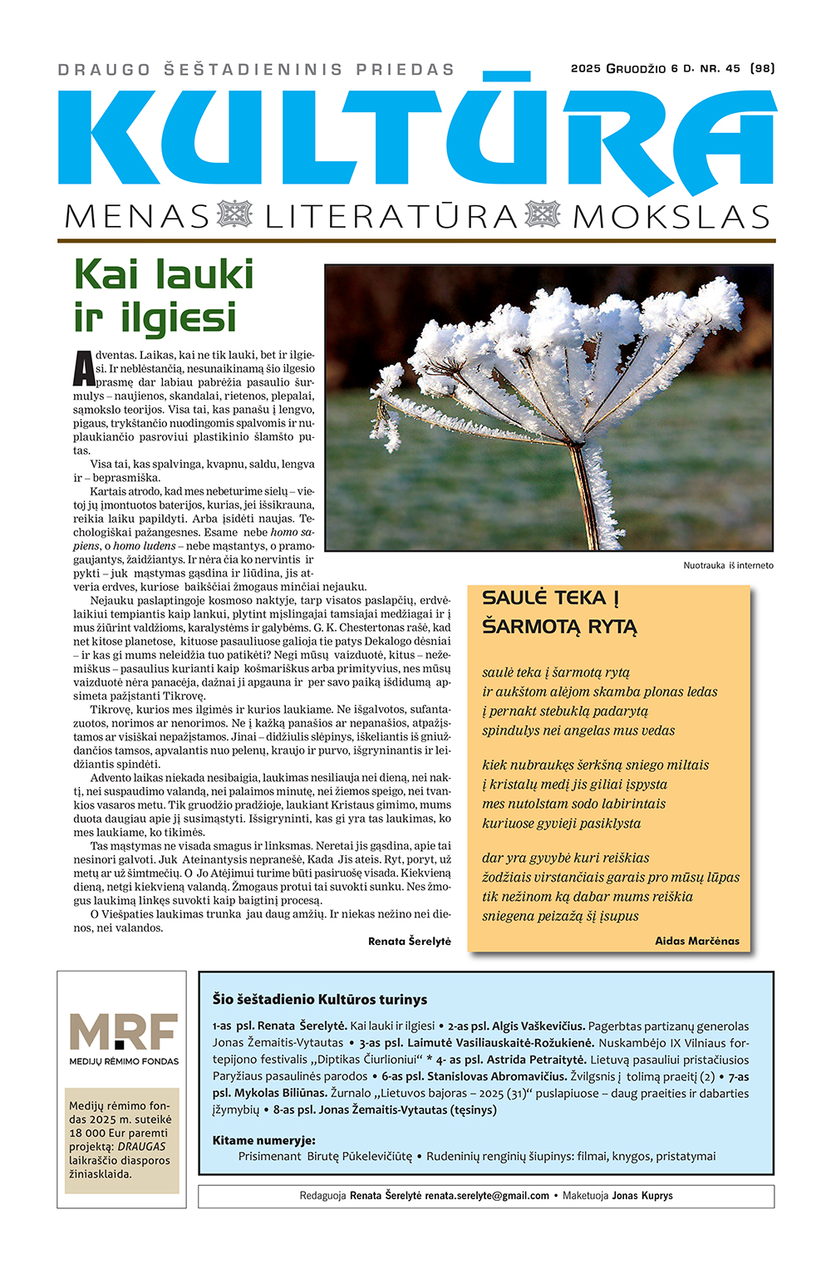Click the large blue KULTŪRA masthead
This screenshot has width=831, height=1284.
(x=415, y=133)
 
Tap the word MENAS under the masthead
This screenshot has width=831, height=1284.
(x=137, y=217)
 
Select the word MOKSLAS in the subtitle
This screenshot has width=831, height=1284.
(x=671, y=217)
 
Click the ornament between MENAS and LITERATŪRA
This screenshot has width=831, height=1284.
(x=235, y=214)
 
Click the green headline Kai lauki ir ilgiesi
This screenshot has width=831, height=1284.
(x=164, y=296)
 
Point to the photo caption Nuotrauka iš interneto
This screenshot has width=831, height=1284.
(x=728, y=565)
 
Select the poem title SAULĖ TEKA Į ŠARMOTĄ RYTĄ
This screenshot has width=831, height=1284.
(x=559, y=612)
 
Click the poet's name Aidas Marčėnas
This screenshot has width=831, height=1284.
(x=696, y=941)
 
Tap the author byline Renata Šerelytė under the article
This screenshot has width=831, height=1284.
(x=409, y=941)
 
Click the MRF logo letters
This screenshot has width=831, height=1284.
(x=123, y=1032)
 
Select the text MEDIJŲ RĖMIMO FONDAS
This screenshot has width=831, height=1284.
(x=123, y=1061)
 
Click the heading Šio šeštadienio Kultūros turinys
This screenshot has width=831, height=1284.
(x=320, y=1000)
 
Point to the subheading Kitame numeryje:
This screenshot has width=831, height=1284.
(x=263, y=1140)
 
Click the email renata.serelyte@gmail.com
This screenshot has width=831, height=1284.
(x=487, y=1196)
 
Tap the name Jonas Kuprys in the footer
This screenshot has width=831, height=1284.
(x=642, y=1196)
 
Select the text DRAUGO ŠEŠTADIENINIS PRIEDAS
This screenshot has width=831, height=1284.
(x=256, y=70)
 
